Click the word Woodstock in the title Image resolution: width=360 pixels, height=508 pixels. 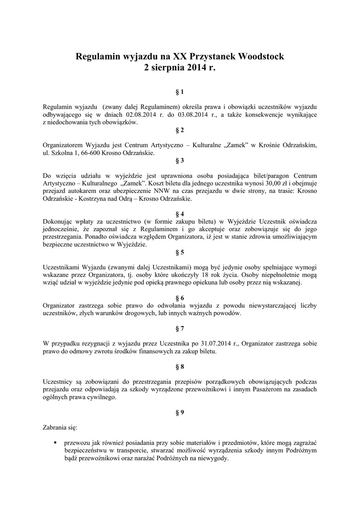261,57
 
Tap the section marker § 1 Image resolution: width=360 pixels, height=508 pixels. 180,92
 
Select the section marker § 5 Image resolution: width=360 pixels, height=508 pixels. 180,253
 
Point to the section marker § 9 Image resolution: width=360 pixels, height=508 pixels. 180,412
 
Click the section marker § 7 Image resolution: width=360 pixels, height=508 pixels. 180,328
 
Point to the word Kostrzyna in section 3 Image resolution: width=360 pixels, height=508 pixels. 91,199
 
